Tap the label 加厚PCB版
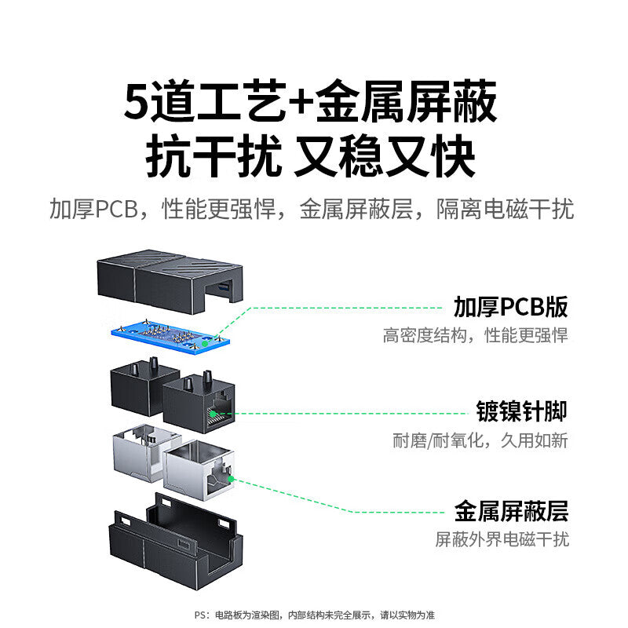[510, 306]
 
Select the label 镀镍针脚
[521, 411]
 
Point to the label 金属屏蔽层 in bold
[511, 513]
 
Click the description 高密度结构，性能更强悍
[475, 336]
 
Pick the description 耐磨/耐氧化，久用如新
[480, 440]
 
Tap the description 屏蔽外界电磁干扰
[502, 540]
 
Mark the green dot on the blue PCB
[205, 343]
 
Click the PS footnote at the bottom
[314, 615]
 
